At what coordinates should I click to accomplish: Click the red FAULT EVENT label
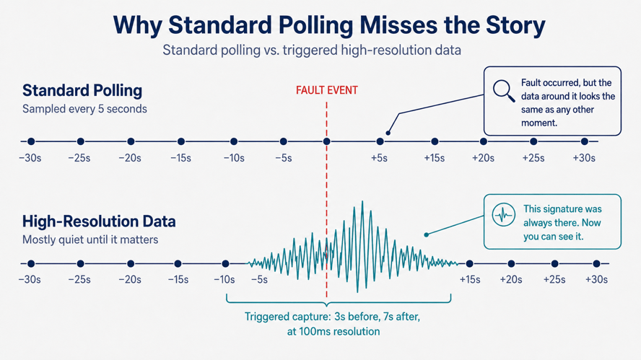tap(326, 90)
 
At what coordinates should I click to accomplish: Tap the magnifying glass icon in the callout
tap(503, 91)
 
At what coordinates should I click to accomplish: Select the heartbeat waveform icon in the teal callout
tap(503, 214)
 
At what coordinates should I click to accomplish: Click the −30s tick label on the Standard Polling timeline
tap(30, 158)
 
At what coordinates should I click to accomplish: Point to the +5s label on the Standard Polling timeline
tap(379, 158)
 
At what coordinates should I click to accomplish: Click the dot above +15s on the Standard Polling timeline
tap(435, 141)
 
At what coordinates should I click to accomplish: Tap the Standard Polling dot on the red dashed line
tap(326, 141)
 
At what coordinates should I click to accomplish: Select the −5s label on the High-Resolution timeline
tap(259, 280)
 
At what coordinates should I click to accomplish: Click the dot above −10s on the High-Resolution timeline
tap(225, 263)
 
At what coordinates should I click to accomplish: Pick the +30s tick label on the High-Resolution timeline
tap(596, 280)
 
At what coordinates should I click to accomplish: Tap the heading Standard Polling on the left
tap(82, 90)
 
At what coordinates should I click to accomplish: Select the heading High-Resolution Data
tap(99, 221)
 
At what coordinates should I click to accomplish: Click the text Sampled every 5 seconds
tap(84, 109)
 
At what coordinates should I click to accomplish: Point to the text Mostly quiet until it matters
tap(90, 240)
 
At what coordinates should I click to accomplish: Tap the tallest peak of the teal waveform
tap(362, 202)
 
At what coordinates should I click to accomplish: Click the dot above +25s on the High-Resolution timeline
tap(554, 263)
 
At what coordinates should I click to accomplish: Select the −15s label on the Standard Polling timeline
tap(180, 158)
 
